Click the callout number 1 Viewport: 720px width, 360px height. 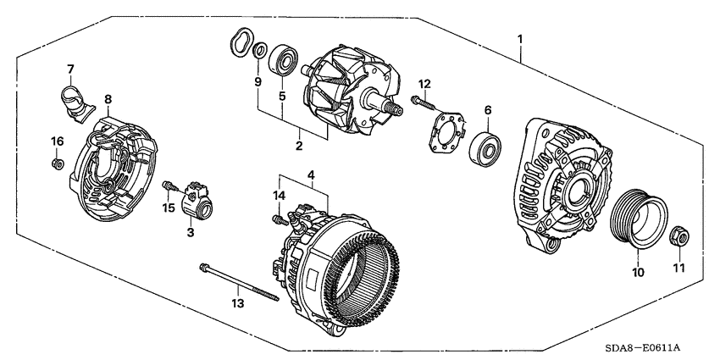[520, 39]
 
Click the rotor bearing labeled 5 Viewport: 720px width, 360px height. [283, 62]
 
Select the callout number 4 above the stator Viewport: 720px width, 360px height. [312, 176]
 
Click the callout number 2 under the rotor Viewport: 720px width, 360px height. [299, 146]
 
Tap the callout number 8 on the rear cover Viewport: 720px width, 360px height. [108, 99]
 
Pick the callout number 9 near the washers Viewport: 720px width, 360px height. [258, 81]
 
